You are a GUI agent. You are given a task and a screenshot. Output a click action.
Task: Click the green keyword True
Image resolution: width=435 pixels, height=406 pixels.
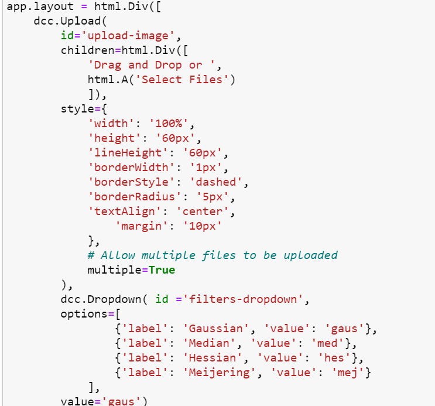[162, 270]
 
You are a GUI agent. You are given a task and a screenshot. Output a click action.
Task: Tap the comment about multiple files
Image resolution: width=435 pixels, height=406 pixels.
[213, 255]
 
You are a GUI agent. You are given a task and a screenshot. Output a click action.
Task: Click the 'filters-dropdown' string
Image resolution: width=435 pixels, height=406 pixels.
[244, 299]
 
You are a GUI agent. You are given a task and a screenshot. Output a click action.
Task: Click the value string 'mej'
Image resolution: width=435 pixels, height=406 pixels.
[353, 373]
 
